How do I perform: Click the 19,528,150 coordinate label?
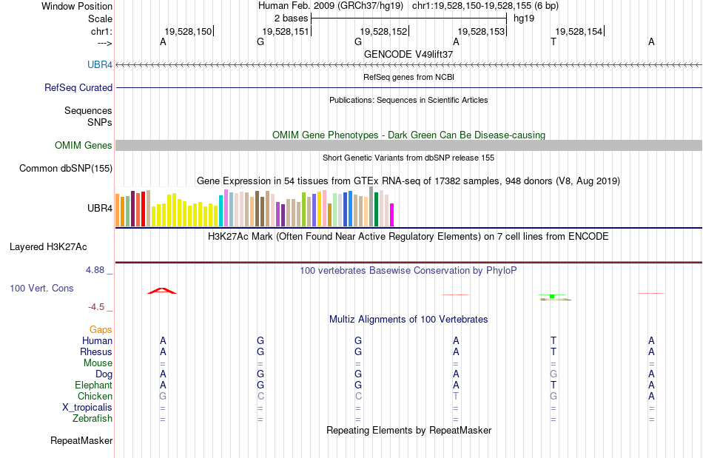[188, 31]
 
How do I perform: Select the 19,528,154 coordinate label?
[579, 31]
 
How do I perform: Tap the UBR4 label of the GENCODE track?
[100, 65]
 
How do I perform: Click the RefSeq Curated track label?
[78, 87]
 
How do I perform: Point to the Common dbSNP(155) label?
[66, 169]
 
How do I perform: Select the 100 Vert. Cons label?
[41, 288]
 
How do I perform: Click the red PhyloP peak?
[162, 290]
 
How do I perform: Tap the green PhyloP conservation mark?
[552, 297]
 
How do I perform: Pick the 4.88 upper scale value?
[95, 270]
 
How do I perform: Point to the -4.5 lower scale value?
[97, 307]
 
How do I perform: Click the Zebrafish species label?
[93, 419]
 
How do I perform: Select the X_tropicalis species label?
[87, 408]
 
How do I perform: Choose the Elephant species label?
[93, 385]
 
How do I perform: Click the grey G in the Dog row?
[553, 374]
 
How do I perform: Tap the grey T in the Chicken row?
[456, 397]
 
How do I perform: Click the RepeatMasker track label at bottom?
[81, 441]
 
